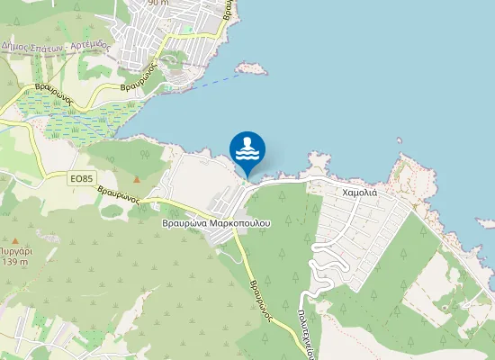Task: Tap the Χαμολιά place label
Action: [364, 193]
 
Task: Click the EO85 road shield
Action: [82, 179]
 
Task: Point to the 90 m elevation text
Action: [158, 3]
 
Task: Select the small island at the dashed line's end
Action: [250, 67]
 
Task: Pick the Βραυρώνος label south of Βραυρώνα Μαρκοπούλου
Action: [261, 293]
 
